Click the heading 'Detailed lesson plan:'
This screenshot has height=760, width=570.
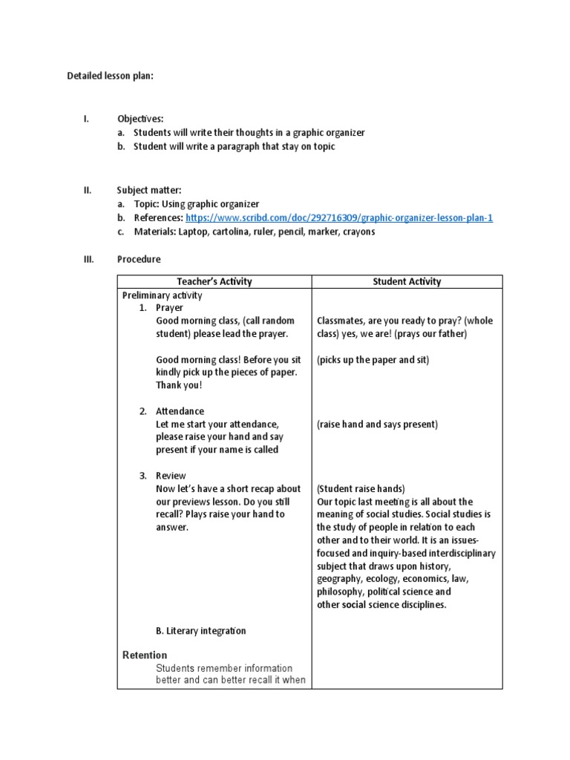pyautogui.click(x=110, y=76)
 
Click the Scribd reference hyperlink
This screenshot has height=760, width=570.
pyautogui.click(x=339, y=218)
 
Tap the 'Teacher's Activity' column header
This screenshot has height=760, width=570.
pyautogui.click(x=214, y=282)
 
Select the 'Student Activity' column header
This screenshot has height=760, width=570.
pyautogui.click(x=407, y=282)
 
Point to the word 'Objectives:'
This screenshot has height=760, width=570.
pyautogui.click(x=140, y=119)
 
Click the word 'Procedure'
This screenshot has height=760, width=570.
pyautogui.click(x=139, y=260)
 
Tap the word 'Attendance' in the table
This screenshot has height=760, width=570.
pyautogui.click(x=180, y=411)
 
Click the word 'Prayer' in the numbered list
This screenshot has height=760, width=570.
pyautogui.click(x=169, y=308)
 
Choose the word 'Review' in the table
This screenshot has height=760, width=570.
pyautogui.click(x=171, y=476)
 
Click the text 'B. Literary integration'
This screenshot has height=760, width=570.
pyautogui.click(x=200, y=631)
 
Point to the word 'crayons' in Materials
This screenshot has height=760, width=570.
pyautogui.click(x=358, y=232)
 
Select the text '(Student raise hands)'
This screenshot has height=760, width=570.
pyautogui.click(x=361, y=489)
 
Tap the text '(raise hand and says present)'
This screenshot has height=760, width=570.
pyautogui.click(x=377, y=425)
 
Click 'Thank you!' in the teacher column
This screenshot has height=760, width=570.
pyautogui.click(x=179, y=385)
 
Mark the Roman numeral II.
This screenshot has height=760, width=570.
pyautogui.click(x=86, y=190)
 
